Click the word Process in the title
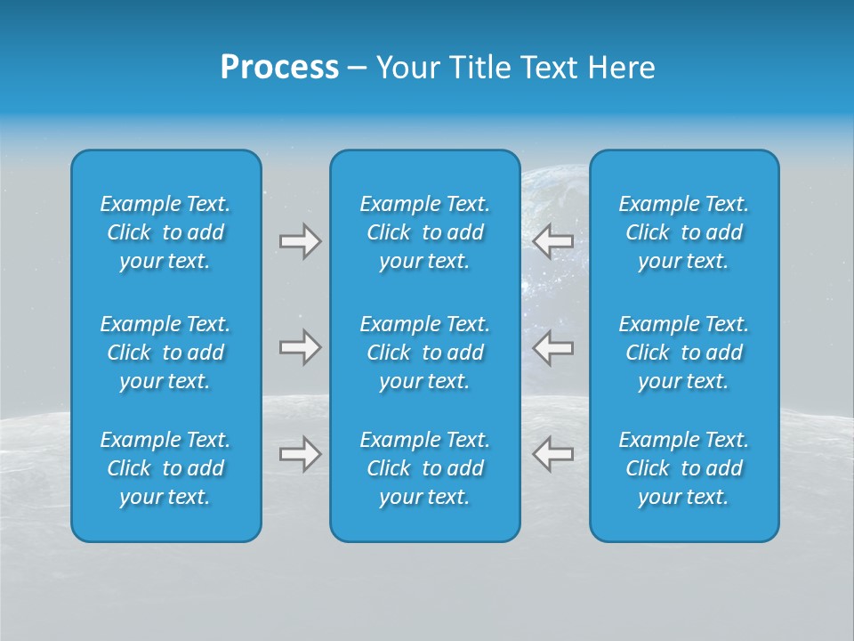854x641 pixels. click(279, 68)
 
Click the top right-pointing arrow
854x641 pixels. click(301, 241)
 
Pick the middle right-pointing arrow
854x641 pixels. click(301, 347)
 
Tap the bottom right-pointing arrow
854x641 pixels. click(301, 454)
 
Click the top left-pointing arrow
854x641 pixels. click(552, 241)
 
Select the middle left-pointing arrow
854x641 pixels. click(552, 347)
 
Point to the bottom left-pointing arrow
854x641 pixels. click(552, 454)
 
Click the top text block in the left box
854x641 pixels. click(165, 232)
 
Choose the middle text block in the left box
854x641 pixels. click(165, 353)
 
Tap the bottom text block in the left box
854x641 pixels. click(165, 468)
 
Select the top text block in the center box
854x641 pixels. click(425, 232)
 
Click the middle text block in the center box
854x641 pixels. click(425, 353)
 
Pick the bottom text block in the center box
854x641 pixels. click(425, 468)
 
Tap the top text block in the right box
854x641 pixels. click(684, 232)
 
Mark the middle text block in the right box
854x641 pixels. click(684, 353)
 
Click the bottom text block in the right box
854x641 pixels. click(684, 468)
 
